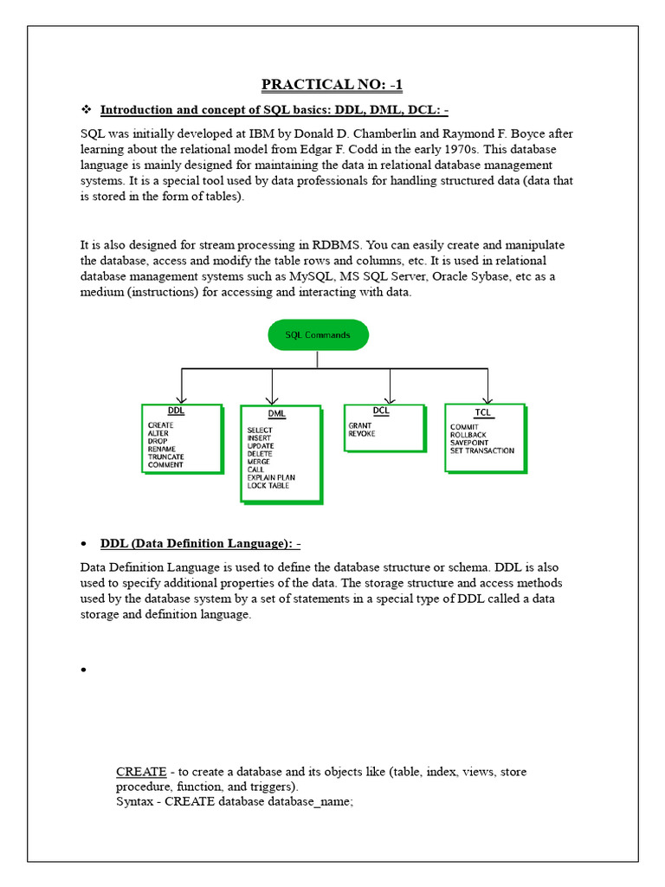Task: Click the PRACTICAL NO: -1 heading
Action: (x=332, y=84)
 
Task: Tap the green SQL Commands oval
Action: (x=318, y=334)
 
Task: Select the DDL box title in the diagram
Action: (x=175, y=411)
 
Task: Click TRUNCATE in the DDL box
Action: (x=165, y=456)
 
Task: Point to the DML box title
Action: (x=276, y=413)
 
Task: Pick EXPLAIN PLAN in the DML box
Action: (x=270, y=477)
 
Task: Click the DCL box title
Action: (x=381, y=411)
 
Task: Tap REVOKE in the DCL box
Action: (x=362, y=434)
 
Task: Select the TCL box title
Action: (x=482, y=413)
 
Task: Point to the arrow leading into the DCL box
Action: (x=390, y=385)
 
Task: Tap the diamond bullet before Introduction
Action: (x=86, y=110)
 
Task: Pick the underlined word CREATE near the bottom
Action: (x=141, y=772)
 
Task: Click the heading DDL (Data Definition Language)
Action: (x=200, y=543)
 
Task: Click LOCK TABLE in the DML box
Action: (x=268, y=486)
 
